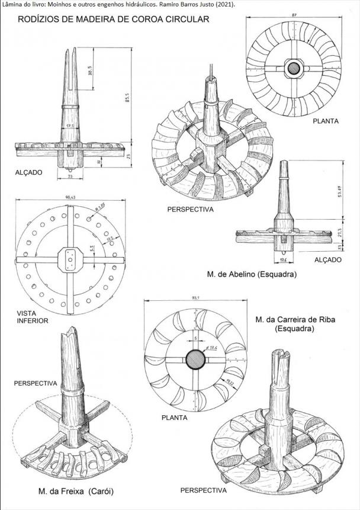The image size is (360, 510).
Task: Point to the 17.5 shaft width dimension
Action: [x=70, y=126]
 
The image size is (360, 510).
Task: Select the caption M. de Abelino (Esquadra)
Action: [x=252, y=275]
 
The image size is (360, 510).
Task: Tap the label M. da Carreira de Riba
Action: [x=295, y=320]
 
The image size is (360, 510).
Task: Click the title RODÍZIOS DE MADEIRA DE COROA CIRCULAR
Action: [x=114, y=20]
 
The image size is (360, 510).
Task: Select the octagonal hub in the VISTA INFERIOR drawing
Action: [x=70, y=261]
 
